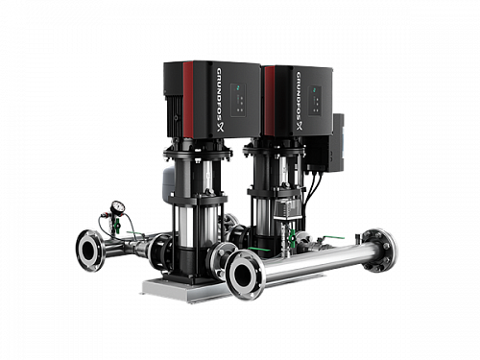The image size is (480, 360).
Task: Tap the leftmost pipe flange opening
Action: (x=89, y=251)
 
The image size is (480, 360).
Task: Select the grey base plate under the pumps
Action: (x=182, y=285)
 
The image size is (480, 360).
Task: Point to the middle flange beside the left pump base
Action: (x=222, y=254)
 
